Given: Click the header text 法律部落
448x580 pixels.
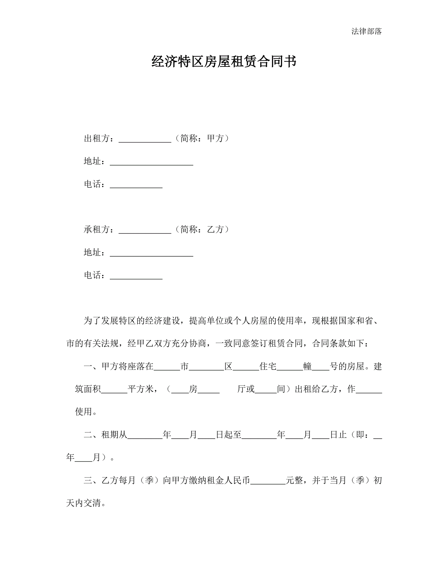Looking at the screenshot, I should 366,31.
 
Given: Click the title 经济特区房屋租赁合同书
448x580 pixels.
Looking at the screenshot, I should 224,62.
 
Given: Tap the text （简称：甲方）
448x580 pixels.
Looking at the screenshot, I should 202,138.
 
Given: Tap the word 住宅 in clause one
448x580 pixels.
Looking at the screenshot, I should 268,366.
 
